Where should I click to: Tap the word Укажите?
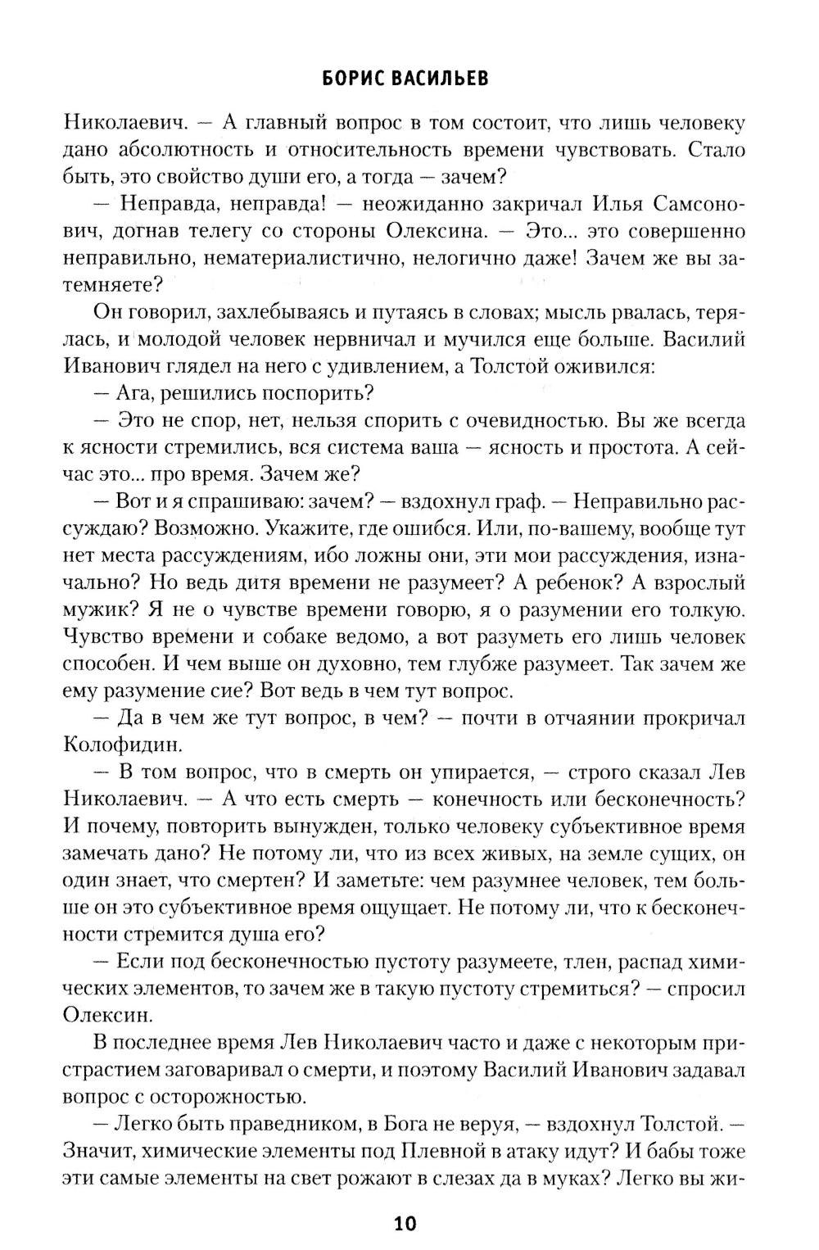(329, 528)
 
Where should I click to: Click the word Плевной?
(441, 1151)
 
